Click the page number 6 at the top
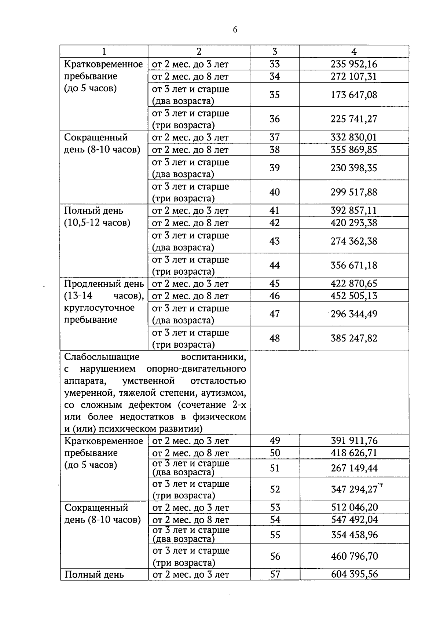click(x=235, y=30)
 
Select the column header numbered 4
click(x=354, y=52)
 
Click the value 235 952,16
click(x=354, y=64)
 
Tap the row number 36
click(x=275, y=119)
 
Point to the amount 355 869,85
click(x=354, y=150)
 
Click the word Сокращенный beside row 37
click(x=96, y=138)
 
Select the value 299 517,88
click(x=354, y=192)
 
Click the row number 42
click(x=275, y=223)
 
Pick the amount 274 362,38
click(x=354, y=241)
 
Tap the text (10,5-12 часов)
click(x=97, y=223)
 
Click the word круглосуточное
click(x=99, y=308)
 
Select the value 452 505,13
click(x=354, y=296)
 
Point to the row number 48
click(x=275, y=338)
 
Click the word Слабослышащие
click(x=102, y=357)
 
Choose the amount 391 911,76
click(x=354, y=440)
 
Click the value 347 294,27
click(x=354, y=489)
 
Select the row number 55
click(x=275, y=535)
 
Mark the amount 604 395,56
click(x=354, y=574)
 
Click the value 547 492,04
click(x=354, y=519)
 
